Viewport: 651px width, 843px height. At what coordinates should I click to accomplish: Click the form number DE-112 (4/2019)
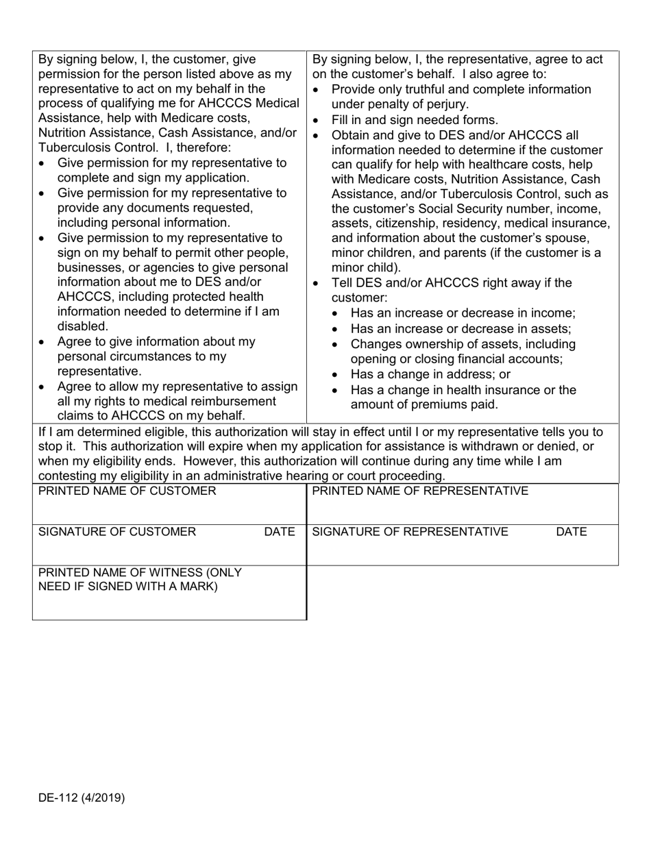point(82,798)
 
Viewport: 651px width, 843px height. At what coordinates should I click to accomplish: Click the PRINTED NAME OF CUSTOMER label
point(127,491)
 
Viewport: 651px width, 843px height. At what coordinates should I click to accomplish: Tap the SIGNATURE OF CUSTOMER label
point(117,532)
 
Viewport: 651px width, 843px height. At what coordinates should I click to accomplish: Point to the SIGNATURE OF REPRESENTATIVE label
point(410,532)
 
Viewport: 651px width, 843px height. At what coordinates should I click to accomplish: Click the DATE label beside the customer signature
point(279,532)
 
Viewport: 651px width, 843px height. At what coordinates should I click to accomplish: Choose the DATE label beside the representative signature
point(572,532)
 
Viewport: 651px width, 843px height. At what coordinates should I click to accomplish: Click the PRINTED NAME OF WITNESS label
point(140,579)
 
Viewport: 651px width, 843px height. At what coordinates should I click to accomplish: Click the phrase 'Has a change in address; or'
point(430,375)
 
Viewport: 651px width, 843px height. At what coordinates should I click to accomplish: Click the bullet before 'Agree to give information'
point(43,342)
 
